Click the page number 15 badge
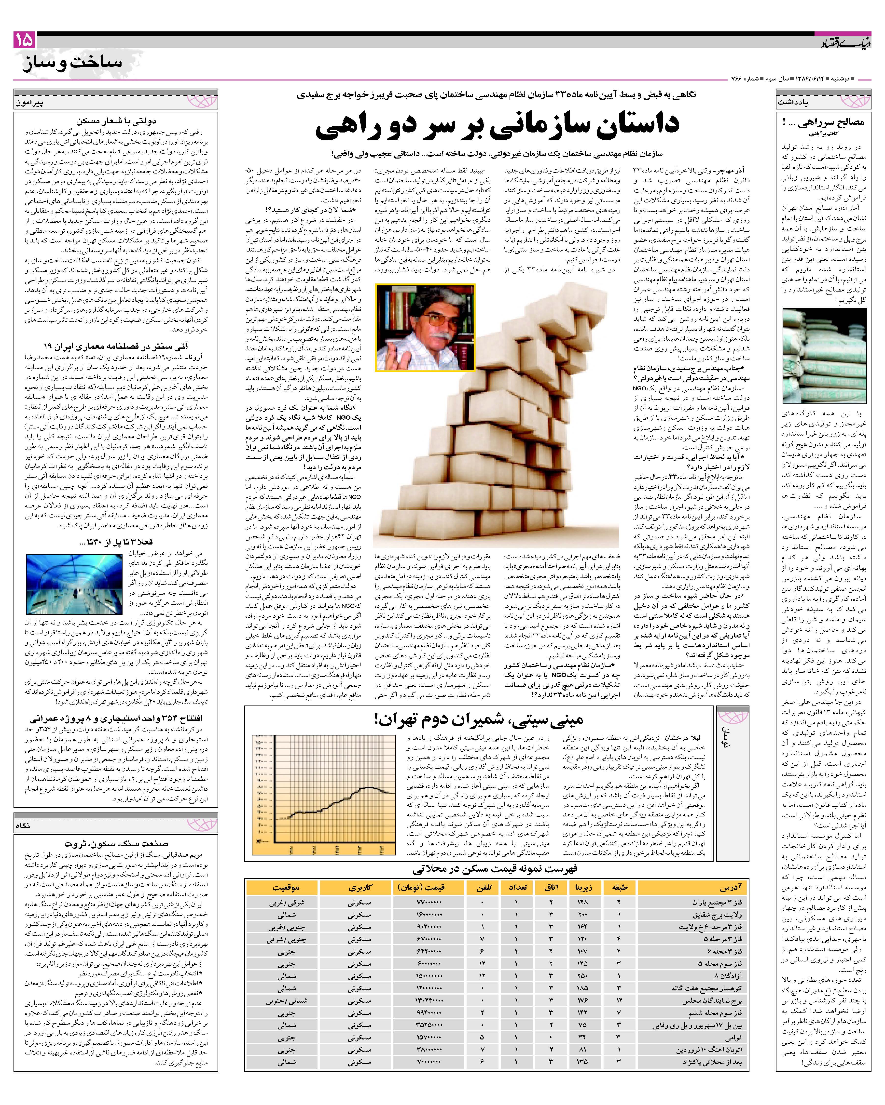point(24,40)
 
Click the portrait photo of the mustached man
point(425,327)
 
